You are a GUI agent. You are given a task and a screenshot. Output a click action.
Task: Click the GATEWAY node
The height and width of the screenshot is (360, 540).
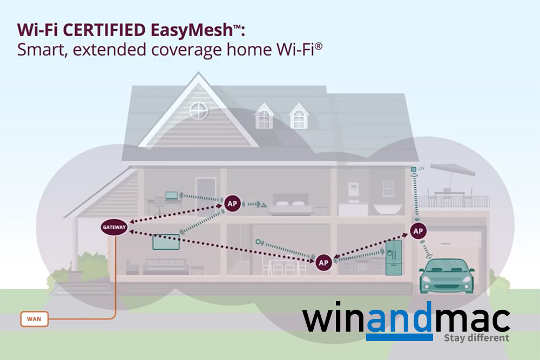[114, 228]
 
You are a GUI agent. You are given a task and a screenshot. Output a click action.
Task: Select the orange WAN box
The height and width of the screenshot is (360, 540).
[33, 319]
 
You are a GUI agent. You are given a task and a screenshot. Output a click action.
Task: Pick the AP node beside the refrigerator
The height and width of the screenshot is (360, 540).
[323, 262]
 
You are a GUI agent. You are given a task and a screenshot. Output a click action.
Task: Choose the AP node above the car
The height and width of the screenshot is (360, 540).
[417, 231]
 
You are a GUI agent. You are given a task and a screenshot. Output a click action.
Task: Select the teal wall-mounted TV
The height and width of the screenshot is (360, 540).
[165, 242]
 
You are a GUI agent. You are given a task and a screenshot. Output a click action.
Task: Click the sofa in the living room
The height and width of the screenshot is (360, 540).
[164, 265]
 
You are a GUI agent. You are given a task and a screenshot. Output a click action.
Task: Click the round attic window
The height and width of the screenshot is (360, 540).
[199, 112]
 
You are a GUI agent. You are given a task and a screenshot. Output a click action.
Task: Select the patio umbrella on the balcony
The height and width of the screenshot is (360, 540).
[451, 171]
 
